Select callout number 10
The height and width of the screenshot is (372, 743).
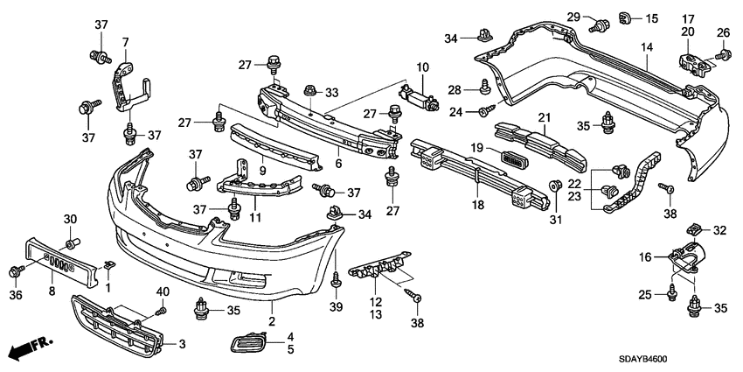[423, 67]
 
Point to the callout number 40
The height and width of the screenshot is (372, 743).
[162, 291]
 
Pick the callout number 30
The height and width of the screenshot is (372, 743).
[70, 218]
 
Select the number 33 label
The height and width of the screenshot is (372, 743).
[331, 93]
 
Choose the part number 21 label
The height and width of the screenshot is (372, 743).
[543, 117]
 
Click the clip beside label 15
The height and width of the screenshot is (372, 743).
[626, 17]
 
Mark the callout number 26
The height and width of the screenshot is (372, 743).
[724, 32]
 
